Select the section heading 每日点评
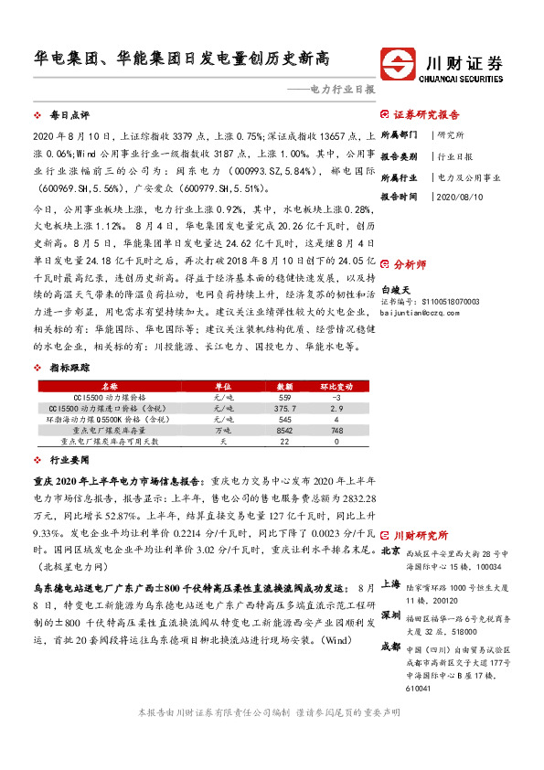click(69, 117)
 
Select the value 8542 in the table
click(285, 430)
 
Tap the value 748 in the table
click(337, 430)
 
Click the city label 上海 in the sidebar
click(390, 583)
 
